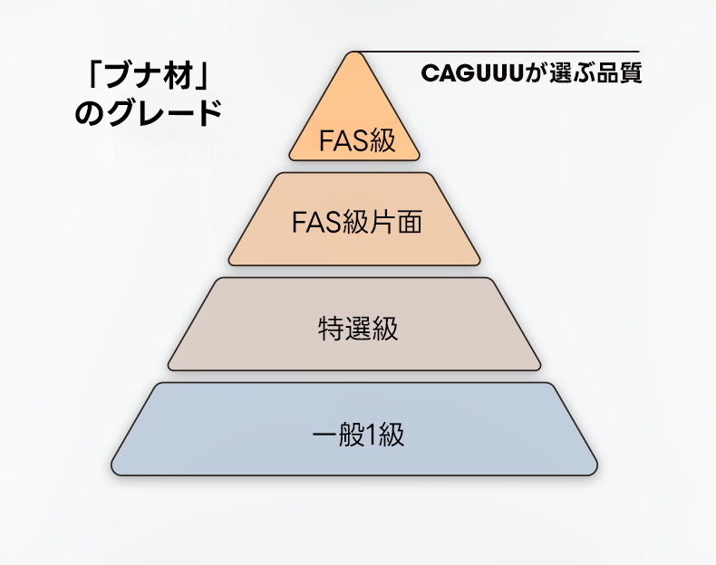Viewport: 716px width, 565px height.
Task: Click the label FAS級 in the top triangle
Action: click(x=357, y=140)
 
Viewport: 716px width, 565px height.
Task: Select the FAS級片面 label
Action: click(x=356, y=222)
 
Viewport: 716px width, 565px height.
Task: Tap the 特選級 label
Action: click(x=357, y=329)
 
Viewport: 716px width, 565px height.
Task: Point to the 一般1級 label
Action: click(x=358, y=435)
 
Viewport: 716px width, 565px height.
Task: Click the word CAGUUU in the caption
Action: click(x=471, y=73)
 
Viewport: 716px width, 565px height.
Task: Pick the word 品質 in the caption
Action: click(x=619, y=73)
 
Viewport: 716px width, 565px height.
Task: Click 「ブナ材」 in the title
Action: click(x=148, y=76)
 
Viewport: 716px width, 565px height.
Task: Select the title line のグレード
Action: click(x=149, y=113)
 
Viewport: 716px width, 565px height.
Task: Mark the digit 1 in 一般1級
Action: click(x=371, y=435)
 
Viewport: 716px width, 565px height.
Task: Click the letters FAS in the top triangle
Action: click(x=343, y=141)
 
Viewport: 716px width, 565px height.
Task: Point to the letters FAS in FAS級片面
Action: click(x=316, y=223)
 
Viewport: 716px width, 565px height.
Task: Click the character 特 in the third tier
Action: click(x=331, y=329)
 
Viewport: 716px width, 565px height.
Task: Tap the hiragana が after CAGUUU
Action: click(x=535, y=73)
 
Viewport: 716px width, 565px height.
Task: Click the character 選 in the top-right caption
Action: click(x=560, y=73)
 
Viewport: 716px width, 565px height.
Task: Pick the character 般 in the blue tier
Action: click(x=352, y=435)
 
